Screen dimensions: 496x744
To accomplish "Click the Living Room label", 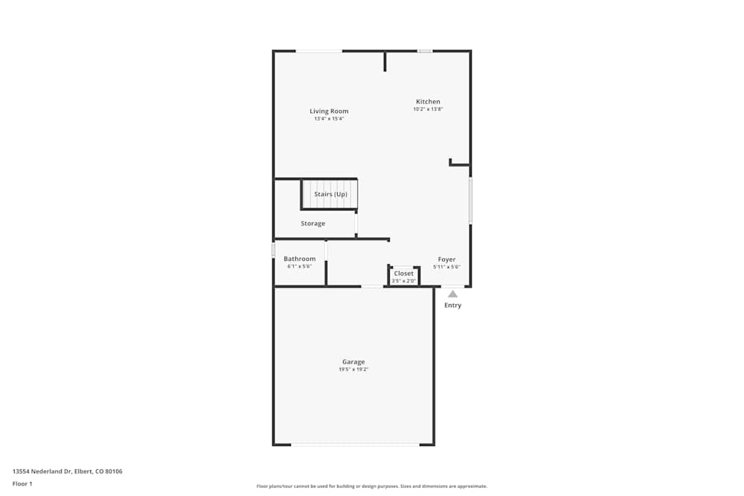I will coord(329,112).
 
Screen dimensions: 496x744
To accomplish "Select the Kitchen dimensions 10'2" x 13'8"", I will coord(428,109).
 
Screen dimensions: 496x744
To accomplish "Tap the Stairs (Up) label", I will coord(330,194).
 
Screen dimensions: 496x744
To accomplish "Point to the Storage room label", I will coord(312,224).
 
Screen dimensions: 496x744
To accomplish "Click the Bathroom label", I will coord(299,259).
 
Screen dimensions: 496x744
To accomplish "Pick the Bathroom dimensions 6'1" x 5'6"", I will coord(299,266).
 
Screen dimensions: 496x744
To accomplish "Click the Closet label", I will coord(403,274).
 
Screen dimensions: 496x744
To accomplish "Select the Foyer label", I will coord(446,260).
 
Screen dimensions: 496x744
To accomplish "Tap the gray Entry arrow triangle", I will coord(452,294).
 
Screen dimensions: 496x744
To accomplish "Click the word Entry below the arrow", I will coord(452,306).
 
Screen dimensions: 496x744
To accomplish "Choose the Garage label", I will coord(353,362).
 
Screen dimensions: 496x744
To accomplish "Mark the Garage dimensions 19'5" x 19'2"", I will coord(353,370).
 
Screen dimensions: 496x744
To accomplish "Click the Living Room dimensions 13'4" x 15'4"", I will coord(329,119).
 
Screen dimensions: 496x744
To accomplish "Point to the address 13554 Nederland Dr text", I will coord(67,471).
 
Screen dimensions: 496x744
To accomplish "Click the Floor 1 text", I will coord(22,484).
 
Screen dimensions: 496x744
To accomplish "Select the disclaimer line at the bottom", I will coord(372,486).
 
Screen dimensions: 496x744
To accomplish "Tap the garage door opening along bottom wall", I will coord(354,445).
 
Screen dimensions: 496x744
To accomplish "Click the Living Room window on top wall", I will coord(319,51).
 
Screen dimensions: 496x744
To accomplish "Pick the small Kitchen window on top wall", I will coord(425,51).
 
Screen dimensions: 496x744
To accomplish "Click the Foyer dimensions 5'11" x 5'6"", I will coord(446,267).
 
